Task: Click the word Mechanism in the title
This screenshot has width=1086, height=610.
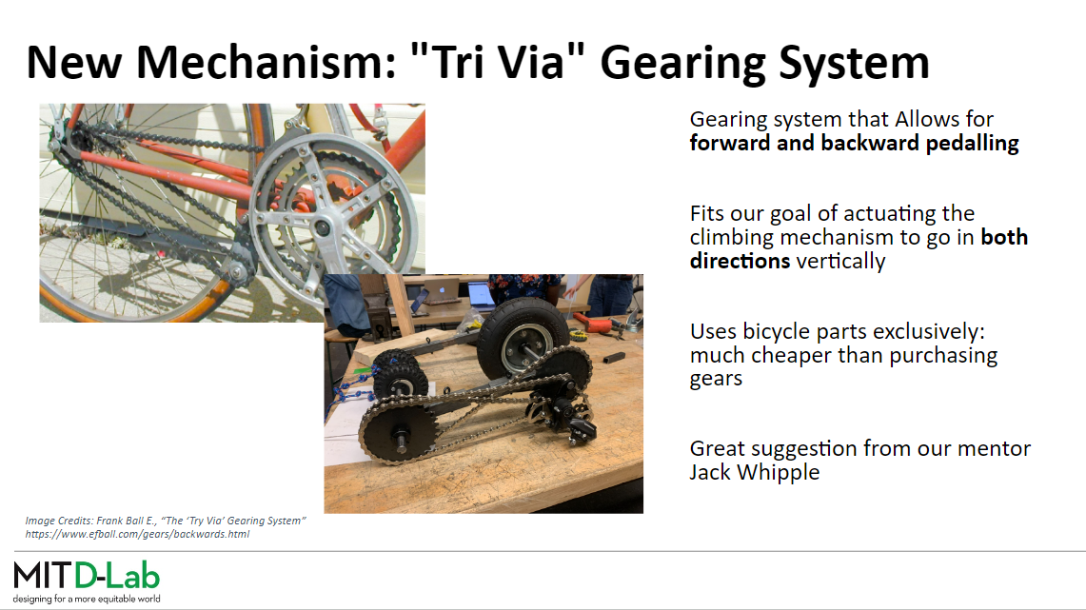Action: pyautogui.click(x=266, y=62)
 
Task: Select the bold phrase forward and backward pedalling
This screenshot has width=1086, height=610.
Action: pyautogui.click(x=854, y=144)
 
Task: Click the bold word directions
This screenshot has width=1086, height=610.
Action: pyautogui.click(x=740, y=261)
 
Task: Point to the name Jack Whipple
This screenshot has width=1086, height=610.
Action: pyautogui.click(x=754, y=472)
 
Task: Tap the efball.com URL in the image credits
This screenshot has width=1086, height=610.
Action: pyautogui.click(x=137, y=534)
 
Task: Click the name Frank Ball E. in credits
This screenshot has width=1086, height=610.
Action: pyautogui.click(x=126, y=520)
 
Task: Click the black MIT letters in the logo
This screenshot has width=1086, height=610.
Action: pyautogui.click(x=42, y=576)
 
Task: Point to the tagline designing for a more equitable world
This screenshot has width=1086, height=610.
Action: pyautogui.click(x=87, y=599)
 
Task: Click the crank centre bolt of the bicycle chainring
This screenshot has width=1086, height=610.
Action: pyautogui.click(x=322, y=227)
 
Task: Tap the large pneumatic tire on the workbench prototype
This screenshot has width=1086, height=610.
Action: pyautogui.click(x=520, y=339)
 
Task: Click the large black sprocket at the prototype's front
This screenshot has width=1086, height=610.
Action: pyautogui.click(x=398, y=431)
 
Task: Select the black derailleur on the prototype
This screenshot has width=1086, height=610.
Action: pyautogui.click(x=566, y=415)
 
